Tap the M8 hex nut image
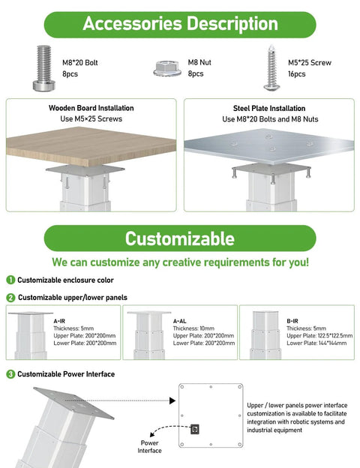pos(166,68)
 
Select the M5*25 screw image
pos(271,68)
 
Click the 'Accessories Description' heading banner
pos(179,23)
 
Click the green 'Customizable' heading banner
pos(179,238)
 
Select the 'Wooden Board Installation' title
pos(91,108)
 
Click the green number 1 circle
pos(10,280)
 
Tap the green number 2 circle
pos(10,298)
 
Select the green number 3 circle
pos(10,373)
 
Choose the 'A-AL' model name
pos(180,320)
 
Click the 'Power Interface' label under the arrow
pos(149,446)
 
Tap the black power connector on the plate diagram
pos(195,429)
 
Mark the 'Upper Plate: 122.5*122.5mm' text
pos(319,335)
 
